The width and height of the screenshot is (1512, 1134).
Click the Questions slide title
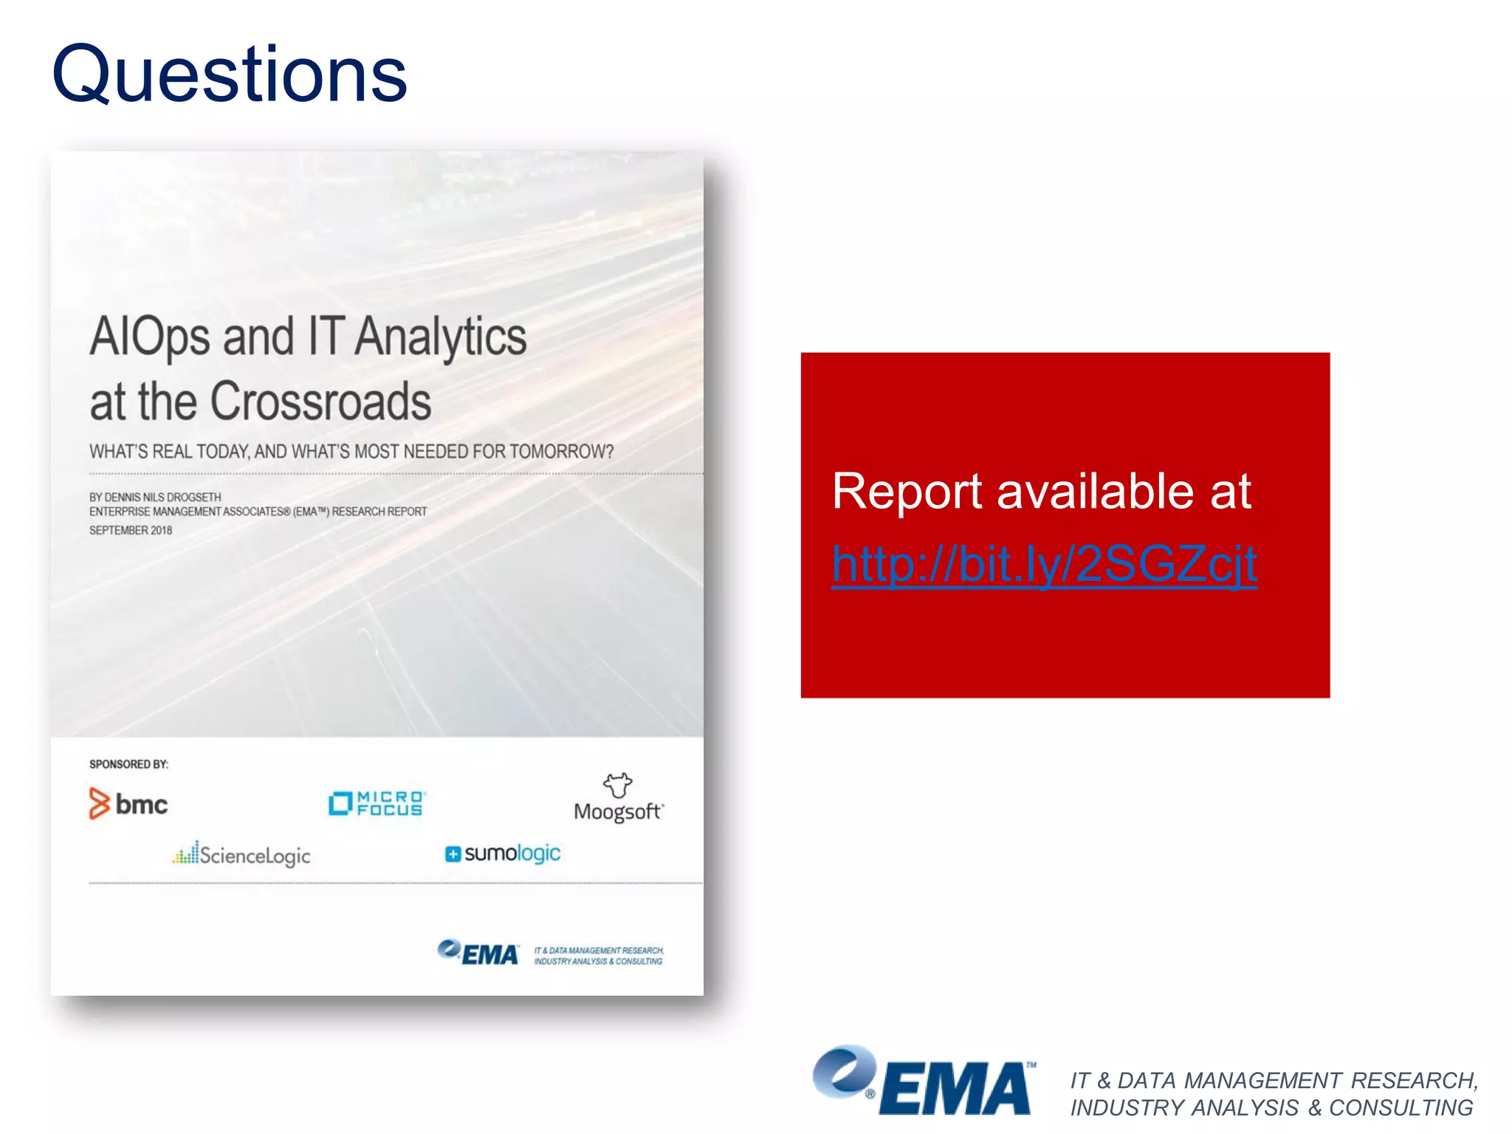[229, 75]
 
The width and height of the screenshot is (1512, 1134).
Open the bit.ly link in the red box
[1044, 565]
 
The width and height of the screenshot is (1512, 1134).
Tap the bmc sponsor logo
[128, 803]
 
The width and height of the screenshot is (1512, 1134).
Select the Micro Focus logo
[377, 803]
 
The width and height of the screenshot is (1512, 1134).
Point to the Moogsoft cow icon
[618, 785]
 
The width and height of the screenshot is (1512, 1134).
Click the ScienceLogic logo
[242, 855]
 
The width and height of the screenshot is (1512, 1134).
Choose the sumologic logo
[503, 853]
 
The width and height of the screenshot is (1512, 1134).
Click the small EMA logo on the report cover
[478, 952]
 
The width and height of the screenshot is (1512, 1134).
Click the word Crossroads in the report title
[320, 402]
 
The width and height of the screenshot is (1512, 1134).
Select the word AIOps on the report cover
[150, 337]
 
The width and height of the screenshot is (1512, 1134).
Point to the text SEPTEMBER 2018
[131, 530]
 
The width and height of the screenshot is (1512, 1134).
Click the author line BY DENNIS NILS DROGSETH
[155, 497]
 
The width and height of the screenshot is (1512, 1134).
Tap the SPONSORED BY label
[128, 764]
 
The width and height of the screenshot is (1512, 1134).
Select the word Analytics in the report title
[441, 337]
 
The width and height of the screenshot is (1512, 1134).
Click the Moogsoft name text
[618, 812]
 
